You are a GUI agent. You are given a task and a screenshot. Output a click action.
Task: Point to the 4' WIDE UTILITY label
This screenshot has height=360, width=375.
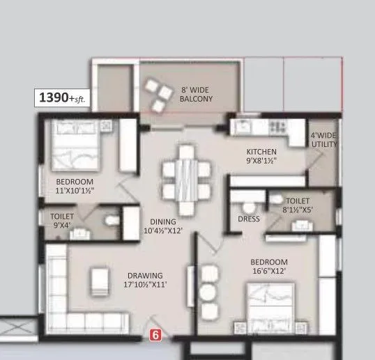click(324, 139)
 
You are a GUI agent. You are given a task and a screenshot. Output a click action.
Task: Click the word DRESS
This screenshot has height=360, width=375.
click(249, 219)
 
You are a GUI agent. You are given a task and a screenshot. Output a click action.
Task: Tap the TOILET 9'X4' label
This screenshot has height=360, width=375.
click(62, 221)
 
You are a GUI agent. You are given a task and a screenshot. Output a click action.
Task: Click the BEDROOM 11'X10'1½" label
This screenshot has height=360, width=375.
click(75, 186)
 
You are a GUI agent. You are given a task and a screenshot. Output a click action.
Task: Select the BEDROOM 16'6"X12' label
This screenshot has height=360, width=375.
click(269, 266)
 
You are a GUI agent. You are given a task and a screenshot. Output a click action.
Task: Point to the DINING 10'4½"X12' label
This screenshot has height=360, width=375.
click(162, 226)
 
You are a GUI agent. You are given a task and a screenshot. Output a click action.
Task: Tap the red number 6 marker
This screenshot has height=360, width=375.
click(156, 335)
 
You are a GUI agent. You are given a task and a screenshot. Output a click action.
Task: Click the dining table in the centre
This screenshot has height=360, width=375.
click(185, 177)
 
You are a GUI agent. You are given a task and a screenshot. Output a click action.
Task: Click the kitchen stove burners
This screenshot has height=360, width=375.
click(277, 127)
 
